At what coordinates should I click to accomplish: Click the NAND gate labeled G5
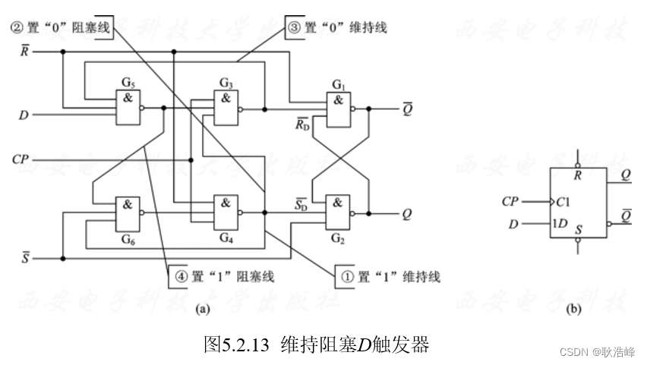click(127, 109)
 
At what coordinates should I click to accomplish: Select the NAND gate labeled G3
click(226, 109)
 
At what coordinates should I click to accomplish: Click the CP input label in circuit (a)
click(21, 160)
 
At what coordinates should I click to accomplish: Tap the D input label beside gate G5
click(24, 116)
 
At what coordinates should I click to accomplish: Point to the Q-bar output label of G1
click(407, 108)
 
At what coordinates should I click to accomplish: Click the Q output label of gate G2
click(407, 214)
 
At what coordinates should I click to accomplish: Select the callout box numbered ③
click(335, 28)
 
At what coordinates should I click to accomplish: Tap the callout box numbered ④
click(220, 276)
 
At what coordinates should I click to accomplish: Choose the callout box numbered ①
click(387, 275)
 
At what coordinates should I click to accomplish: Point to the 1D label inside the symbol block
click(560, 224)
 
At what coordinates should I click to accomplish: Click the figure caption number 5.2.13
click(247, 345)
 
